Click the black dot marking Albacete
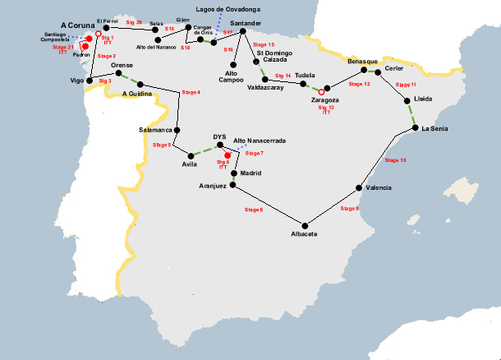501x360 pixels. pos(305,225)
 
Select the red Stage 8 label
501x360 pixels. pos(255,210)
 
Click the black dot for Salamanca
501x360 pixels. pos(177,129)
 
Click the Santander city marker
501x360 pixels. pos(242,31)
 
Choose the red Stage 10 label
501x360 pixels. pos(397,161)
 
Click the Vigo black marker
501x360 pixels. pos(90,81)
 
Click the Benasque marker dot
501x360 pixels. pos(363,71)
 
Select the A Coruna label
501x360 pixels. pos(78,25)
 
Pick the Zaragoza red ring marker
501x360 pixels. pos(321,90)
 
